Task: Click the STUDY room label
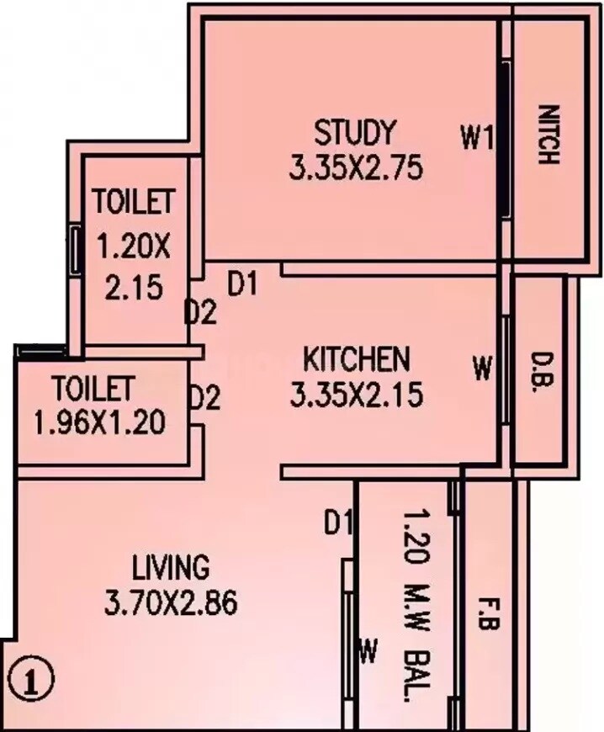(x=354, y=133)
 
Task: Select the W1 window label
(x=476, y=137)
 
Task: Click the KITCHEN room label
(x=356, y=359)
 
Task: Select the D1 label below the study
(x=241, y=285)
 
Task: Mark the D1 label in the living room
(x=337, y=523)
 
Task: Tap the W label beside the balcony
(x=367, y=650)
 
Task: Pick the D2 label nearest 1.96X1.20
(x=204, y=397)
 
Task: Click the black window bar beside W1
(x=504, y=137)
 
